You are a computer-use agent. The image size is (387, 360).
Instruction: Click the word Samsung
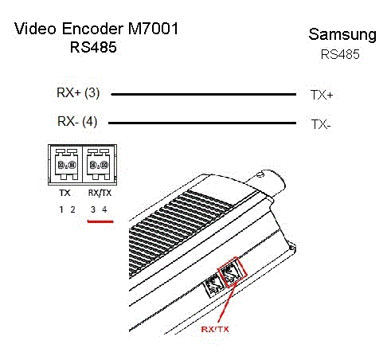coord(342,35)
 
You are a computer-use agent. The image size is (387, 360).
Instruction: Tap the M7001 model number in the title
coord(153,29)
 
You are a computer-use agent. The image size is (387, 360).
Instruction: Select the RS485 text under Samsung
coord(340,54)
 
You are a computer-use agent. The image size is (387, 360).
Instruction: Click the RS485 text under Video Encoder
coord(93,47)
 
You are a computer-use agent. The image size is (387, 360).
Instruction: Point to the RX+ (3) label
coord(78,93)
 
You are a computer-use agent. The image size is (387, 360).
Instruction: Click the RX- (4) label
coord(77,122)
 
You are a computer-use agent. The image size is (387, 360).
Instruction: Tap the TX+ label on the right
coord(322,95)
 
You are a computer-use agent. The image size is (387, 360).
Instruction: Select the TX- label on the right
coord(321,124)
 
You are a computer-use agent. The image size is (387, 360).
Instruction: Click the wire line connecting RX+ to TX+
coord(204,94)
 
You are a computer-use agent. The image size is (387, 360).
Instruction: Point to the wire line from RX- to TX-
coord(202,123)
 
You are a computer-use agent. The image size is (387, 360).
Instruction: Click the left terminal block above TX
coord(66,165)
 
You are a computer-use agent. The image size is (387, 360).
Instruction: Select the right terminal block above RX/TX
coord(98,165)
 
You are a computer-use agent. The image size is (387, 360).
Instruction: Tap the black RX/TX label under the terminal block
coord(100,193)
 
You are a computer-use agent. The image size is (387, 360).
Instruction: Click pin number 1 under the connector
coord(61,209)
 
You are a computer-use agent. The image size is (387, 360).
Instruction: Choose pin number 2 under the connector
coord(72,209)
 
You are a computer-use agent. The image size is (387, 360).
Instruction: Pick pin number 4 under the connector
coord(104,209)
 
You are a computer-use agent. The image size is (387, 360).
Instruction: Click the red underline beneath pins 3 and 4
coord(100,221)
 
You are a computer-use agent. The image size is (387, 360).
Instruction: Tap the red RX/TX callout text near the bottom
coord(215,329)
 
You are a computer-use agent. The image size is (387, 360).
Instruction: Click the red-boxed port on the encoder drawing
coord(233,272)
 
